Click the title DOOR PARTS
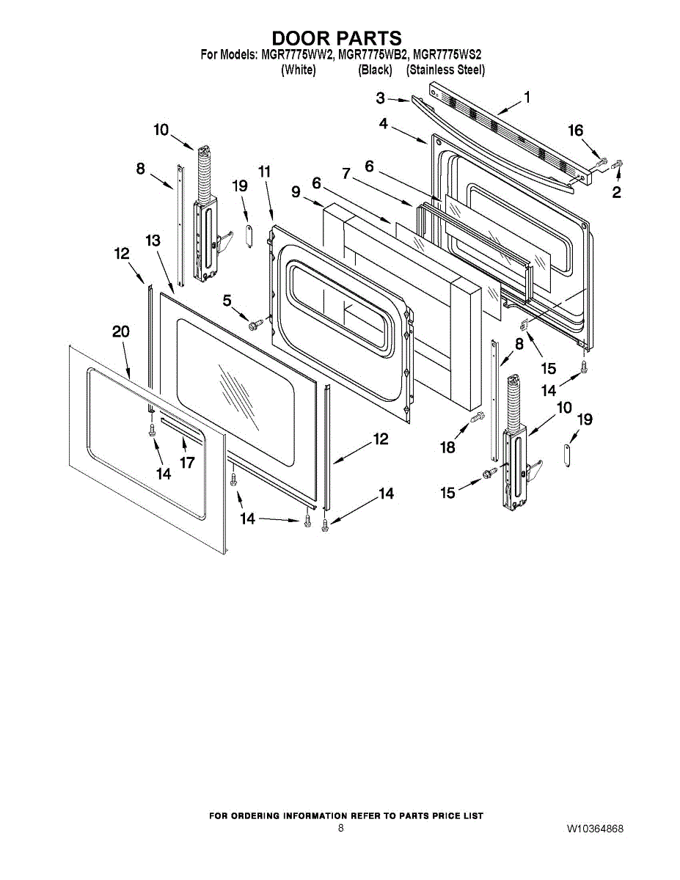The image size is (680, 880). (x=337, y=38)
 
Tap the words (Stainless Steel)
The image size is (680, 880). (x=445, y=70)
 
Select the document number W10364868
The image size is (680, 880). (x=595, y=829)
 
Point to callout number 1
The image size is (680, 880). (x=527, y=97)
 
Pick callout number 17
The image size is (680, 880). (x=187, y=463)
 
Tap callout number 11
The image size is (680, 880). (x=264, y=172)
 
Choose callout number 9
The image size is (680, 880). (x=296, y=192)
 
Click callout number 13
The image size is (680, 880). (x=152, y=241)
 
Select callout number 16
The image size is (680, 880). (x=576, y=131)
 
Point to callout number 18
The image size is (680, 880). (x=447, y=447)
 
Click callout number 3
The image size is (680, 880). (x=381, y=98)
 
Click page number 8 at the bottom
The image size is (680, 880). (x=341, y=828)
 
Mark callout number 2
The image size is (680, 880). (x=616, y=192)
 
